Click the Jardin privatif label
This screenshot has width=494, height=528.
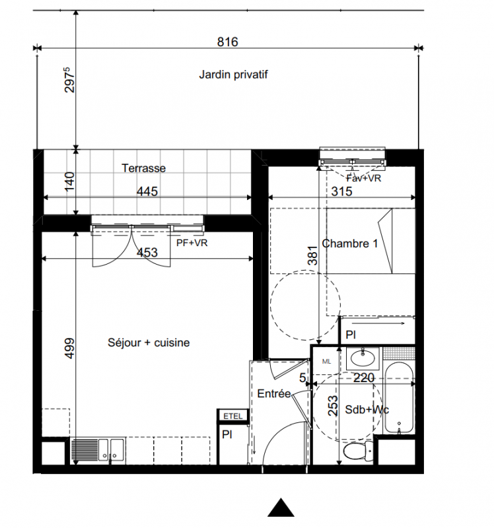[x=233, y=75]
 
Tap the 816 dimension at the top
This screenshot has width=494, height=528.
[x=227, y=42]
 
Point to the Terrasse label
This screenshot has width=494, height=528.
[x=143, y=168]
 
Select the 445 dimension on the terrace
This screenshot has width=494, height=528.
[x=147, y=191]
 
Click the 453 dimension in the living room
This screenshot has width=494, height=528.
[x=147, y=252]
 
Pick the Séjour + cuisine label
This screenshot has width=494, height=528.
[x=149, y=343]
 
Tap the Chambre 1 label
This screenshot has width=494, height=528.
[x=350, y=243]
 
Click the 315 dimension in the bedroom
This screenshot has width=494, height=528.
[x=341, y=191]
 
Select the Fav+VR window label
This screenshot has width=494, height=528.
[x=364, y=178]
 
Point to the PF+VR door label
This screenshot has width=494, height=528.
[x=192, y=242]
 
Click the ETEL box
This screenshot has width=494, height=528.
[x=233, y=416]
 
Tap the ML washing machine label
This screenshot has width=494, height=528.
[x=326, y=361]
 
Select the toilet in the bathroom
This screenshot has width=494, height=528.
[x=358, y=451]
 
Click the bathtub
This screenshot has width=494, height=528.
[x=399, y=398]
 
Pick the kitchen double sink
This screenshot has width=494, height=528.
[x=111, y=450]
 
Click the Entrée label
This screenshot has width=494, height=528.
[x=274, y=393]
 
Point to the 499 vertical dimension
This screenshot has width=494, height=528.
[x=69, y=348]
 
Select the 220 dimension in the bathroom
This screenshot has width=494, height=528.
[x=364, y=378]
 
